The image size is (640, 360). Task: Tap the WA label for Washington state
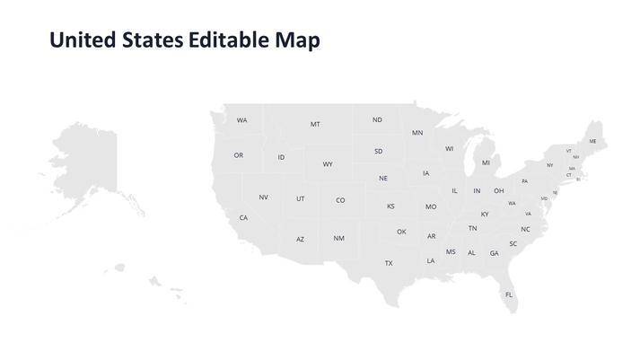point(242,120)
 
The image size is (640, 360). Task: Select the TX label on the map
point(389,263)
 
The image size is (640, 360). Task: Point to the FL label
point(509,294)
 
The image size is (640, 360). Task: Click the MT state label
point(315,124)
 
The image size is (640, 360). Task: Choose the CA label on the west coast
point(243,218)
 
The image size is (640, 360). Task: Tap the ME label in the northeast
point(592,141)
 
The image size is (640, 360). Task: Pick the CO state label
point(340,200)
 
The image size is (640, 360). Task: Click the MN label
point(417,133)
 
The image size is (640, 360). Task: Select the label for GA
point(494,253)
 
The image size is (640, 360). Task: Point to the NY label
point(550,165)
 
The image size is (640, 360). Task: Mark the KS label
point(390,206)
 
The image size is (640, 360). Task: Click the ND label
point(377,119)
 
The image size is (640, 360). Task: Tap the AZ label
point(301,240)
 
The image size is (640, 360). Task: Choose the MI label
point(486,162)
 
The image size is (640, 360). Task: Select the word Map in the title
point(299,40)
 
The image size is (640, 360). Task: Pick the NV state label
point(263,198)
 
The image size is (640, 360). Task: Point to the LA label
point(431,261)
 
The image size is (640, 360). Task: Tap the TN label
point(472,228)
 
